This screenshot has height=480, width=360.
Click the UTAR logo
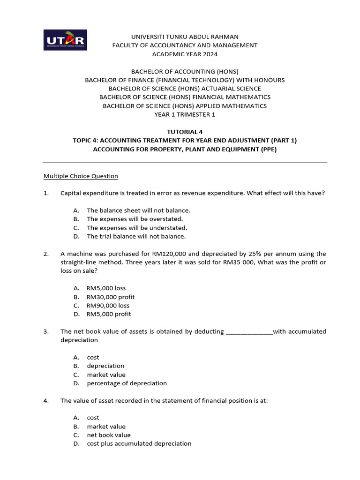(65, 40)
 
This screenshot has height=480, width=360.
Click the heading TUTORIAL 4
(185, 132)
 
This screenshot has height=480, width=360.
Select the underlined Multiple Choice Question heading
(81, 176)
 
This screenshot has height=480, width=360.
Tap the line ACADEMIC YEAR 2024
(185, 54)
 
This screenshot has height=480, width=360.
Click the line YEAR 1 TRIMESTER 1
(185, 114)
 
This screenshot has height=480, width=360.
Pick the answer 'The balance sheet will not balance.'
(138, 210)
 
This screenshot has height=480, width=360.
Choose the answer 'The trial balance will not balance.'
(136, 236)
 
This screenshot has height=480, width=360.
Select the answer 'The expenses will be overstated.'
(135, 219)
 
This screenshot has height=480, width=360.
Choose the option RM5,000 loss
(106, 288)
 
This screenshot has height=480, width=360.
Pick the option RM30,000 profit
(110, 297)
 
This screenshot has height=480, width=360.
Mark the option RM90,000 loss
(108, 306)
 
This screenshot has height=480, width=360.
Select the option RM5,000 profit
(109, 314)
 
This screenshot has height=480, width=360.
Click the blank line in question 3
(249, 332)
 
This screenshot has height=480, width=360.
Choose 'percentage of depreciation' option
(127, 383)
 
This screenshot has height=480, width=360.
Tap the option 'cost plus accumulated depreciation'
(139, 443)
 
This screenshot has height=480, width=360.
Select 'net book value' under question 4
(109, 435)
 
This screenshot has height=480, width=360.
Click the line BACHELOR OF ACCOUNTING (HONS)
(185, 71)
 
